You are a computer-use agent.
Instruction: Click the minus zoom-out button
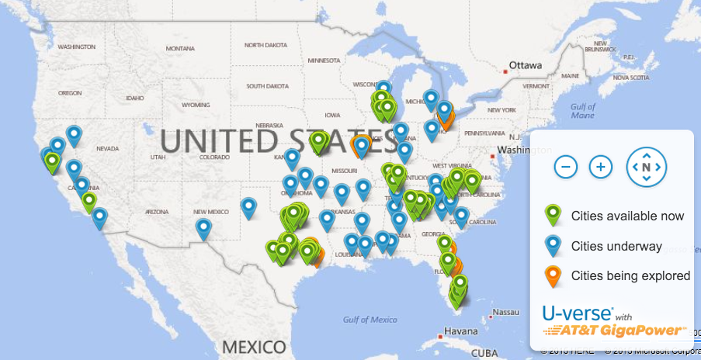pos(567,166)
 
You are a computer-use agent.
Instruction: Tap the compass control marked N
pos(646,167)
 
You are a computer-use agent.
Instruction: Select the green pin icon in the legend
pos(553,216)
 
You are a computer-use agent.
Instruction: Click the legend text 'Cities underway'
pos(616,247)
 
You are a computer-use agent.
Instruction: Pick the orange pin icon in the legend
pos(553,275)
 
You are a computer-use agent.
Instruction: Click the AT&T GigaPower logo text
pos(616,331)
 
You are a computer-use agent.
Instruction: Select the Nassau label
pos(506,311)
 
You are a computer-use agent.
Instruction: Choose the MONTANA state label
pos(182,48)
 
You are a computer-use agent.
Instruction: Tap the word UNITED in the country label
pos(217,140)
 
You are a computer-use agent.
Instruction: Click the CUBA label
pos(484,352)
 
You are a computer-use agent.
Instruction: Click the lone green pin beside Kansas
pos(318,141)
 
